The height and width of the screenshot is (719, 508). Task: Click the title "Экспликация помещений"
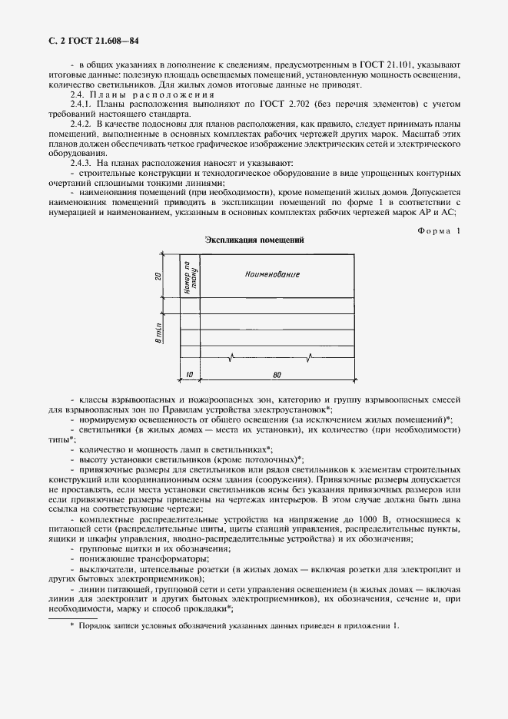[254, 240]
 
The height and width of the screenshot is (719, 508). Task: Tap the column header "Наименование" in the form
[272, 274]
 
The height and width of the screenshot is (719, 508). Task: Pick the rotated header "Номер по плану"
[189, 275]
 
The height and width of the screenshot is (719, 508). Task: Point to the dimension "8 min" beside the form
[156, 334]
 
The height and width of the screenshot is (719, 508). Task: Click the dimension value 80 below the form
[276, 375]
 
